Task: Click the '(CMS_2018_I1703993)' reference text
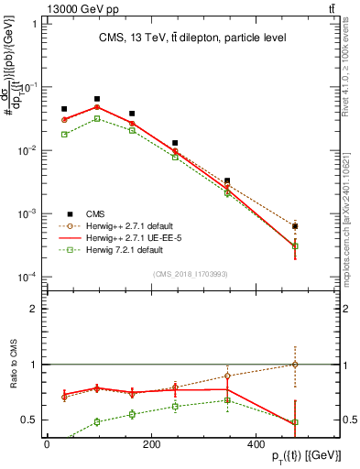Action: point(190,272)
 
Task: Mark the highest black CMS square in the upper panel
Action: point(97,99)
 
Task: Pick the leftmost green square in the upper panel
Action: point(64,134)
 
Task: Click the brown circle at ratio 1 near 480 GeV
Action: point(295,365)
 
